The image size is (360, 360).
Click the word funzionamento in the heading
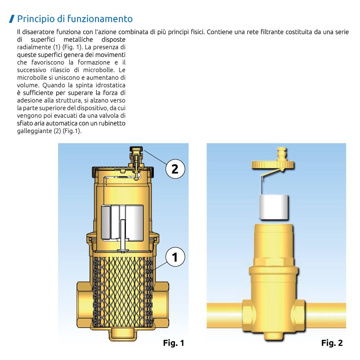(x=100, y=19)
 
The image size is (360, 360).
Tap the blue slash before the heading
(x=12, y=19)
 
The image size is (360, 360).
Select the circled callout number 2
(x=175, y=169)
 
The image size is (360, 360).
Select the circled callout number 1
(x=175, y=257)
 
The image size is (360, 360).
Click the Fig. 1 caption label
(x=174, y=343)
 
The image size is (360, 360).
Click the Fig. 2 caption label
(x=332, y=343)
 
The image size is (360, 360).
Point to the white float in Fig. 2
(x=274, y=207)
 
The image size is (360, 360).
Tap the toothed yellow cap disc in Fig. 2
(x=273, y=165)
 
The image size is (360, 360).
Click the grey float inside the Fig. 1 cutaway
(x=122, y=223)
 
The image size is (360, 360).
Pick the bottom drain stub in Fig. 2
(x=273, y=336)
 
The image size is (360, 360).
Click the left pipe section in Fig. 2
(x=225, y=315)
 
